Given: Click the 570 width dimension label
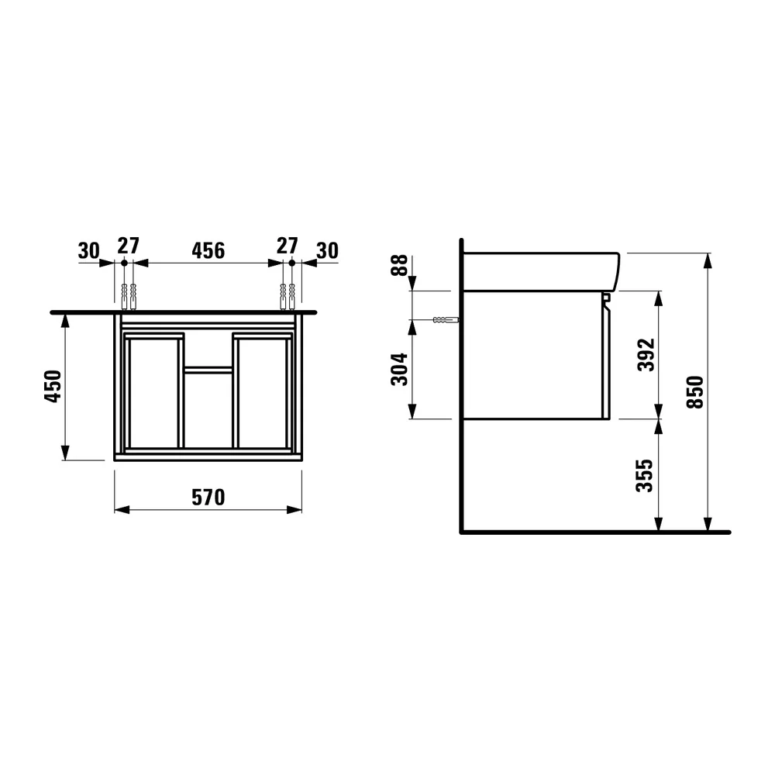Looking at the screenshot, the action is [x=208, y=498].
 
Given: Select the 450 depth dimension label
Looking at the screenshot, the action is [x=53, y=386].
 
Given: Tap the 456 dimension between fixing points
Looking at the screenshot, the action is [x=208, y=250].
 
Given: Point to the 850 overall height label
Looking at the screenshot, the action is [x=695, y=392].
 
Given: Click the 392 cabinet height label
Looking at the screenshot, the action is [x=646, y=354].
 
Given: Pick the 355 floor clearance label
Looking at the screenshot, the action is [x=645, y=476].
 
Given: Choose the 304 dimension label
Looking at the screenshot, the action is [x=399, y=369].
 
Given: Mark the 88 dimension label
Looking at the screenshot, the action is [x=399, y=264].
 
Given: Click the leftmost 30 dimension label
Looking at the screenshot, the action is [x=89, y=250].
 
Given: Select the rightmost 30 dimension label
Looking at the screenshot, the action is [x=327, y=250].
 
